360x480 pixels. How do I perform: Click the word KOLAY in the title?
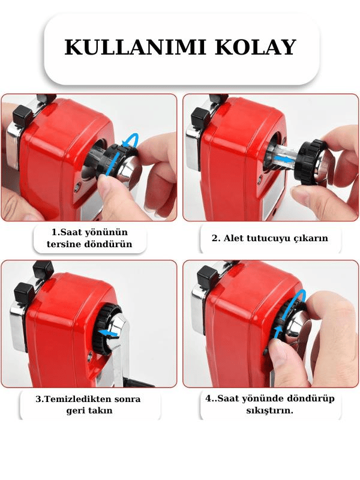point(256,47)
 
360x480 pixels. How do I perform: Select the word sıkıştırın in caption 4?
point(269,410)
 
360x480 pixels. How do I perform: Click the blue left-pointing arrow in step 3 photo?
point(109,332)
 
